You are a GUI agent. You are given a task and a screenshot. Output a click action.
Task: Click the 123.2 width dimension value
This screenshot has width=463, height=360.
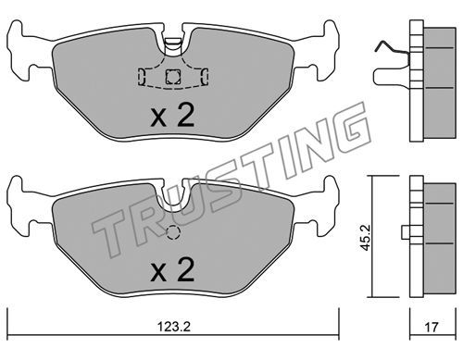(174, 327)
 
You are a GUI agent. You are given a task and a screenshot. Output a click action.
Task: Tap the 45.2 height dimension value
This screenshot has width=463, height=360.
(366, 238)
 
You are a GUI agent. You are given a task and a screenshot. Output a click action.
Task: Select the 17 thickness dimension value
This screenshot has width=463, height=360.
(432, 327)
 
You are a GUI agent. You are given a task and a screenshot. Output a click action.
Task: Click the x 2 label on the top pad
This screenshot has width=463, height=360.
(172, 115)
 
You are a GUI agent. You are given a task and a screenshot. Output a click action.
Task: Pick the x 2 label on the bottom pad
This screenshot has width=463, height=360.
(172, 269)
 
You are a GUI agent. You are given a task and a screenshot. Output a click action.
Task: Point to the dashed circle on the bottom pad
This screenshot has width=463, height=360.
(173, 232)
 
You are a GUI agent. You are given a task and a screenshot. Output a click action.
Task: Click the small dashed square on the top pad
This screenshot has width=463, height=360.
(173, 77)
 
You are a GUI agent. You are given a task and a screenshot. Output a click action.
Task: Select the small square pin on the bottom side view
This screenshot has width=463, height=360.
(406, 232)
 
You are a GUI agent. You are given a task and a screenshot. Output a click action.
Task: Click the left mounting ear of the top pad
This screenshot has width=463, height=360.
(21, 51)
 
